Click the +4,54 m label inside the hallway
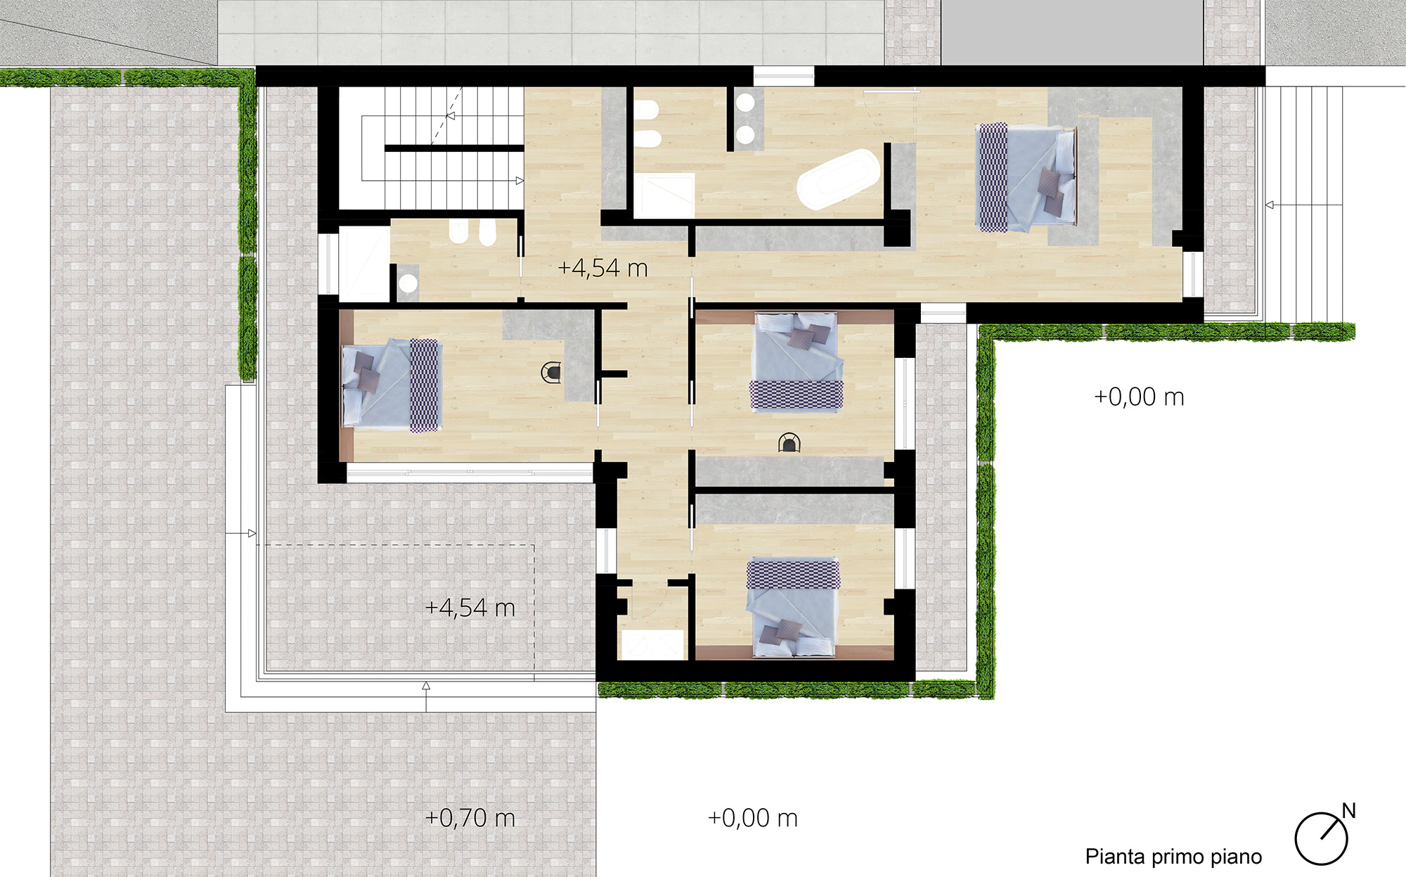tap(602, 268)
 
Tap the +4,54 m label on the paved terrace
tap(470, 608)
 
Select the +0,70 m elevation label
tap(470, 818)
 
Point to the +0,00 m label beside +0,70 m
tap(753, 818)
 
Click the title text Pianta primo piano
tap(1173, 857)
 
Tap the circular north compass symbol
tap(1321, 838)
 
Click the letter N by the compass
tap(1348, 811)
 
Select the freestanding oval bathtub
tap(838, 179)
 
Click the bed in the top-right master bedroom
tap(1026, 177)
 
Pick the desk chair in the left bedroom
tap(550, 372)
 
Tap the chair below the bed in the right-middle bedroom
tap(789, 443)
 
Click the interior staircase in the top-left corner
tap(432, 148)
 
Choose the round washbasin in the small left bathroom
tap(408, 283)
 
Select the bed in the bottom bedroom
tap(793, 608)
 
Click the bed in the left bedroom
tap(391, 385)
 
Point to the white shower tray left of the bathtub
tap(664, 196)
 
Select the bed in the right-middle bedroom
tap(796, 361)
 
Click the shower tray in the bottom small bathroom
tap(652, 645)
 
